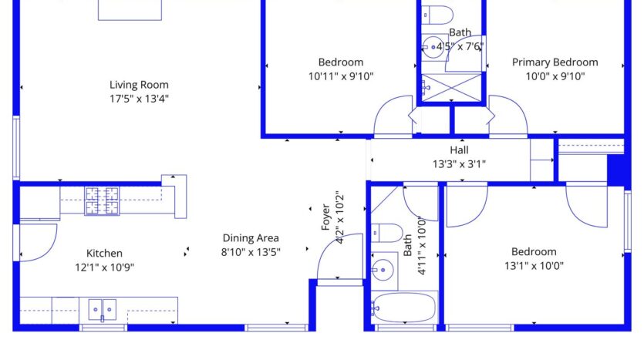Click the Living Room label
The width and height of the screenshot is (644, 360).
click(x=139, y=85)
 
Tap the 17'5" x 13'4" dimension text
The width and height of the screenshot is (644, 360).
click(x=139, y=99)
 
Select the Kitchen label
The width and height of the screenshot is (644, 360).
click(x=104, y=253)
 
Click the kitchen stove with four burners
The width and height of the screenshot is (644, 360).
click(x=103, y=200)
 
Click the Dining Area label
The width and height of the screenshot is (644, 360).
click(x=251, y=238)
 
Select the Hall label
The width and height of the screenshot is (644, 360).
click(x=459, y=150)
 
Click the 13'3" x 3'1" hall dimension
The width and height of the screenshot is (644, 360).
click(x=459, y=163)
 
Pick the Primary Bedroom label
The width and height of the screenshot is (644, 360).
click(x=555, y=62)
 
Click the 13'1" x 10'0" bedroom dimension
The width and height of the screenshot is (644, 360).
click(x=533, y=266)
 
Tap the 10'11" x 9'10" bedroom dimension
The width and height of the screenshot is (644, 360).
click(x=340, y=76)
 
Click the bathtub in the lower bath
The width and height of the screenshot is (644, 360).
click(x=403, y=308)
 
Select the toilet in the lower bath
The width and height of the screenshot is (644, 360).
click(x=386, y=232)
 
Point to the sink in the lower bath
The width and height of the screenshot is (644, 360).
click(x=382, y=269)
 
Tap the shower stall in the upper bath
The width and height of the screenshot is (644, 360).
click(x=450, y=86)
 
